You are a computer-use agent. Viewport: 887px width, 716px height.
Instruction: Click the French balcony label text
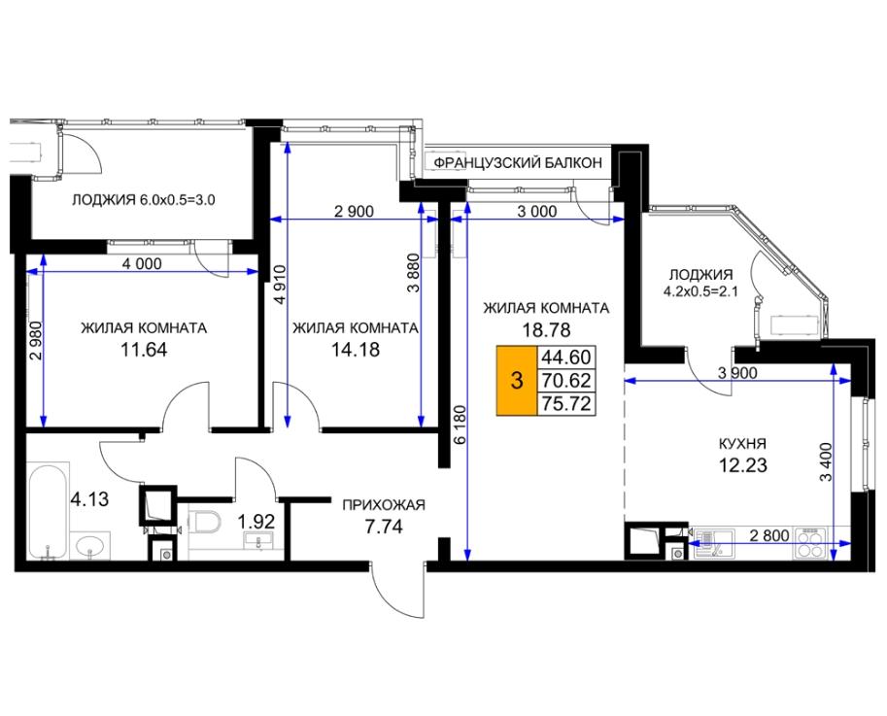pyautogui.click(x=518, y=163)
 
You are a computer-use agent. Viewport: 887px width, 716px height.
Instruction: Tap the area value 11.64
pyautogui.click(x=144, y=350)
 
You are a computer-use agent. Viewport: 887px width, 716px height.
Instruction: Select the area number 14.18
pyautogui.click(x=356, y=350)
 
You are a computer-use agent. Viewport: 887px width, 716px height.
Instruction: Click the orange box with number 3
pyautogui.click(x=517, y=381)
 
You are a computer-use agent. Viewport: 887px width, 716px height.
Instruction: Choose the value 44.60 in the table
pyautogui.click(x=565, y=358)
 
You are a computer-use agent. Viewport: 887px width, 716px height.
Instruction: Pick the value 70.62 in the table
pyautogui.click(x=565, y=381)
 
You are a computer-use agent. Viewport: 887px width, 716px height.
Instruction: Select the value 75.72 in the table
pyautogui.click(x=565, y=404)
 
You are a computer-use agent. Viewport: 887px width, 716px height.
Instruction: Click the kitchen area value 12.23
pyautogui.click(x=743, y=465)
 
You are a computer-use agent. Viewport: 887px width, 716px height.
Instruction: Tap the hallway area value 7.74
pyautogui.click(x=384, y=528)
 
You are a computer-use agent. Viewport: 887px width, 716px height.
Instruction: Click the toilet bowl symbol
pyautogui.click(x=204, y=521)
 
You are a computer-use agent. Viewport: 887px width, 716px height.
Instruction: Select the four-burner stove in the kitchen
pyautogui.click(x=810, y=543)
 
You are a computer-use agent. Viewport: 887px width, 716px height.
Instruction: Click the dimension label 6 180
pyautogui.click(x=461, y=425)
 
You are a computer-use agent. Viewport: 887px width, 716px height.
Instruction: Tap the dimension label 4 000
pyautogui.click(x=142, y=263)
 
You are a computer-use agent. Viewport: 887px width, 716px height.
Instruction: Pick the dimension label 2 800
pyautogui.click(x=768, y=535)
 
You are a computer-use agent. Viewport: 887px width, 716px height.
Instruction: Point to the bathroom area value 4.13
pyautogui.click(x=88, y=499)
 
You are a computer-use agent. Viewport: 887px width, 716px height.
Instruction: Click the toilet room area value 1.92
pyautogui.click(x=256, y=521)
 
